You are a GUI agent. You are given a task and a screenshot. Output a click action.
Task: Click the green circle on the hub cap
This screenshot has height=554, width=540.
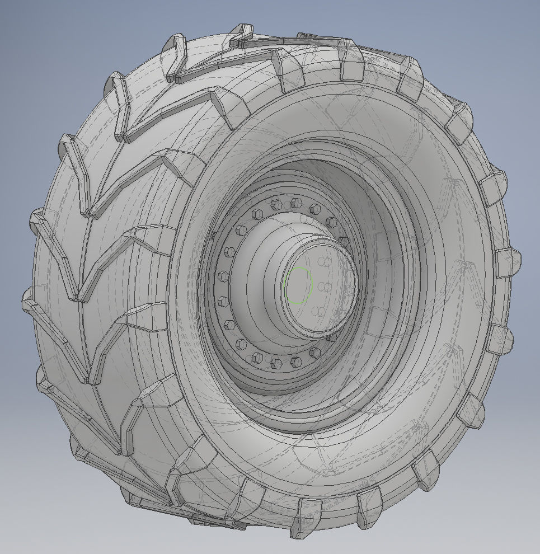coord(298,285)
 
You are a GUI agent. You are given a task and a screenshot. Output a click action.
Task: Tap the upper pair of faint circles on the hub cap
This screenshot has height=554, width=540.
coord(322,262)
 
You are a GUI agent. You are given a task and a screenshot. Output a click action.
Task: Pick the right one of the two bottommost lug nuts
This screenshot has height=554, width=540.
coord(295,363)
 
